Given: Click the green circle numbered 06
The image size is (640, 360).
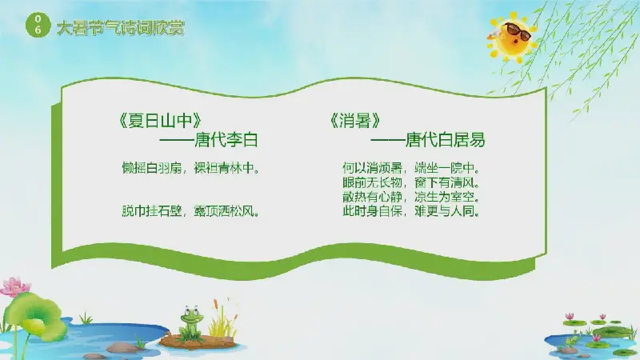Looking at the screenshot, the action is coord(38,25).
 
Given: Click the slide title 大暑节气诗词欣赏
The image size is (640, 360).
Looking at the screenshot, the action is coord(121,28).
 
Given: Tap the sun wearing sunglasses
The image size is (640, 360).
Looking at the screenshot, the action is coord(513,38).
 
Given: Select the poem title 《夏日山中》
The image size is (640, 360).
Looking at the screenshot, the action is coord(159,121).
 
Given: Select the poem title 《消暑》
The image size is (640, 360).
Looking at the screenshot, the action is coord(355,121).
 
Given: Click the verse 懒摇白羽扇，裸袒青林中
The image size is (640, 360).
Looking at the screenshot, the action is coord(190,168).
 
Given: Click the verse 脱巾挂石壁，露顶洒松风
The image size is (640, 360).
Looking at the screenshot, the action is coord(190,211).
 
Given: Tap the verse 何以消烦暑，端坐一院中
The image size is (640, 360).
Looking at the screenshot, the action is coord(411,168).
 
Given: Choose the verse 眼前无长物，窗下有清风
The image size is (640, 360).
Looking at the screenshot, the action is coord(411,182).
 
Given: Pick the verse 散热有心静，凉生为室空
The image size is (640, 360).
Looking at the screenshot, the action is coord(411,197).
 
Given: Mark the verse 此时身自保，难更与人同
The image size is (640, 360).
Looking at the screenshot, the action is coord(411,211).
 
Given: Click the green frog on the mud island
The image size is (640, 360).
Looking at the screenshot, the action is coord(191,322).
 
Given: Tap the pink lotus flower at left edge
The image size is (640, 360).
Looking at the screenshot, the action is coord(14,286).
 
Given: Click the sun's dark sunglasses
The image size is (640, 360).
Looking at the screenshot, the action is coord(518,31).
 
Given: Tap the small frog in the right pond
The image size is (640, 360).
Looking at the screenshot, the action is coord(572,339).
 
